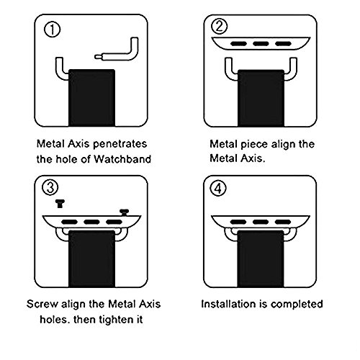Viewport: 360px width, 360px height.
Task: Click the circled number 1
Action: click(x=52, y=30)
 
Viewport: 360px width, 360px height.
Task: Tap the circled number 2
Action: click(x=219, y=27)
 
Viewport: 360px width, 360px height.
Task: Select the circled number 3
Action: click(x=50, y=187)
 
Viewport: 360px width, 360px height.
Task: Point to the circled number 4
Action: click(x=218, y=188)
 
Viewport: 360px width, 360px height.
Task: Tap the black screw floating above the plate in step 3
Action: click(x=59, y=204)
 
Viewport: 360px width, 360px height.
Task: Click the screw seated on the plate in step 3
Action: click(x=125, y=212)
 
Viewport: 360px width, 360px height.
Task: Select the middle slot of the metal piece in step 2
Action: click(x=261, y=44)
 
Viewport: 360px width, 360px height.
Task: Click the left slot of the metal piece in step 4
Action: click(x=238, y=222)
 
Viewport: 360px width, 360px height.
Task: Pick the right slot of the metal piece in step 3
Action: click(x=114, y=222)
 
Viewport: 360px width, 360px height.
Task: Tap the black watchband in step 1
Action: click(x=91, y=98)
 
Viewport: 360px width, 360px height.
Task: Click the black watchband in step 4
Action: click(x=261, y=258)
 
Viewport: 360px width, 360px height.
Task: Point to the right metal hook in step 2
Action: click(x=292, y=70)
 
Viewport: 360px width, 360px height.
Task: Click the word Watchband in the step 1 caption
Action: click(x=122, y=159)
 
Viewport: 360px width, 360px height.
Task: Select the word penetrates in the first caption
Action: click(x=120, y=144)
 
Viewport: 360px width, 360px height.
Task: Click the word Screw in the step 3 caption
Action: click(x=42, y=304)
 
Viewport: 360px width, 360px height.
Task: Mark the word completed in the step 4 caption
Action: click(x=297, y=305)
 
